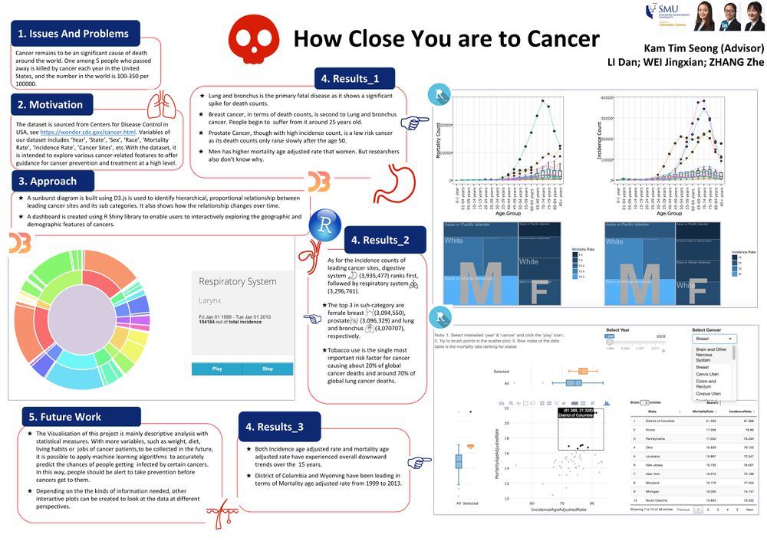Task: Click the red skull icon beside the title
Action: [252, 39]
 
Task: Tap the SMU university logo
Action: [667, 15]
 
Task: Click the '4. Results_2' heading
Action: [380, 240]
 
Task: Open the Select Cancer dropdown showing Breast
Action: [714, 338]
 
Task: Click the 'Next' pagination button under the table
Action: [749, 509]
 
